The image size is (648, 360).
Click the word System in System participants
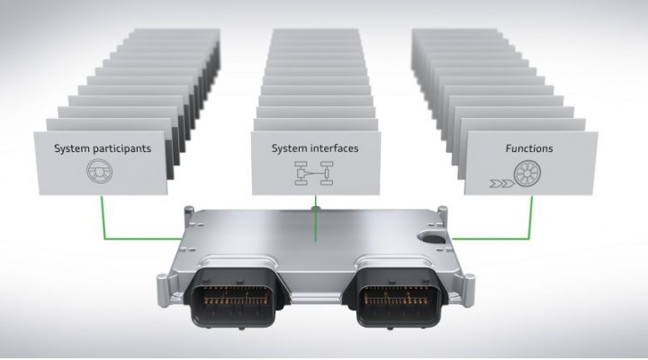point(68,148)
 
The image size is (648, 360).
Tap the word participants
point(118,148)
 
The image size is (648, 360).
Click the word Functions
point(529,148)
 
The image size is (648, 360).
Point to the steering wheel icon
point(100,171)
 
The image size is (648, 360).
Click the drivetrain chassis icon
point(314,173)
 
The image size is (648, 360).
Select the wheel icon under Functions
point(526,173)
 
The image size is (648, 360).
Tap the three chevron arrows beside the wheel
point(501,183)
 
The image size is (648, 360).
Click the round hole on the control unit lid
point(431,238)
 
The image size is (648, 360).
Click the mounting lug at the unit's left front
point(163,290)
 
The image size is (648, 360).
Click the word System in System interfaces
point(285,148)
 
